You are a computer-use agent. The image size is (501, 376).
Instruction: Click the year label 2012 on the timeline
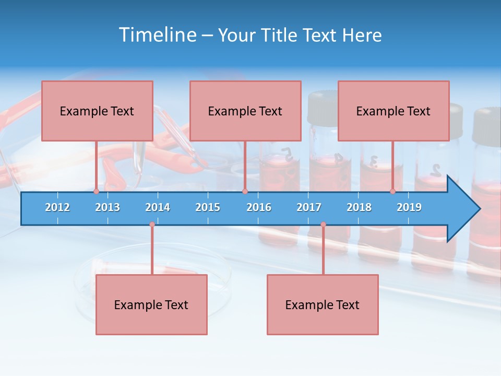[x=57, y=207]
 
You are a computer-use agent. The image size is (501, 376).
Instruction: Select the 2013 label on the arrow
[x=108, y=207]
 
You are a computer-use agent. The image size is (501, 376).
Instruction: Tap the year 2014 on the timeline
[x=158, y=207]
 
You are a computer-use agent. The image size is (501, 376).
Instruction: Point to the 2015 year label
[x=208, y=207]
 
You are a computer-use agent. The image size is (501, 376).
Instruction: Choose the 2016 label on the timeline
[x=259, y=207]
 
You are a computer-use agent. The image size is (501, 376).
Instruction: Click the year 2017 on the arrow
[x=309, y=207]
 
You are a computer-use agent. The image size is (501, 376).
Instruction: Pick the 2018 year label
[x=359, y=207]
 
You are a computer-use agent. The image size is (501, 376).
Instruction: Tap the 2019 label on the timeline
[x=409, y=207]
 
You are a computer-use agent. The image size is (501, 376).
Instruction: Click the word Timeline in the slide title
[x=157, y=35]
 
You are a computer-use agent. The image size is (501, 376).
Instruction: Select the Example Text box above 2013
[x=97, y=111]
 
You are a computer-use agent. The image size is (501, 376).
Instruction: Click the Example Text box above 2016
[x=245, y=111]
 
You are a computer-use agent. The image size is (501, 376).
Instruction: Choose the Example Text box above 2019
[x=393, y=111]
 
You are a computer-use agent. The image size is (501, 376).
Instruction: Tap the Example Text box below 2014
[x=151, y=304]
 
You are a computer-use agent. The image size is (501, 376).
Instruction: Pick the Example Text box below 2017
[x=323, y=304]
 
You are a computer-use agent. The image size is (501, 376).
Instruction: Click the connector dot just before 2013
[x=96, y=192]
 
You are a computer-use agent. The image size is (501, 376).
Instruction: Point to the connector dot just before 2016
[x=245, y=192]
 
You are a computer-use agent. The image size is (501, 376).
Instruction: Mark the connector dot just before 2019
[x=393, y=192]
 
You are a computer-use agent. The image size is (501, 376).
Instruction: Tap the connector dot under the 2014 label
[x=152, y=225]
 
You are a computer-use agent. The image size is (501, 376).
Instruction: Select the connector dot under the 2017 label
[x=323, y=225]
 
